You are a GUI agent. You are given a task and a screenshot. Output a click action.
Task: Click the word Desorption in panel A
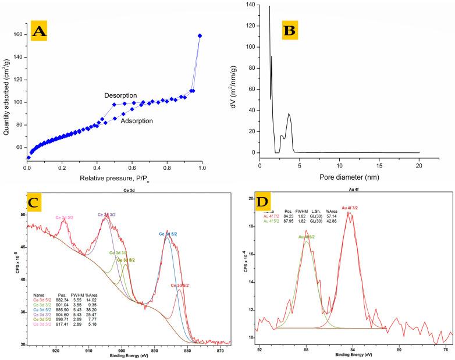point(120,95)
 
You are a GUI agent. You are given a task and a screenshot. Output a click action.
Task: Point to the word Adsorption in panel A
point(137,121)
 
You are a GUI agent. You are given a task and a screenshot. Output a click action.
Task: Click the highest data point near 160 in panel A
point(200,36)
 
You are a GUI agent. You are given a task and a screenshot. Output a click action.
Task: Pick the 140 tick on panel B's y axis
point(251,5)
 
